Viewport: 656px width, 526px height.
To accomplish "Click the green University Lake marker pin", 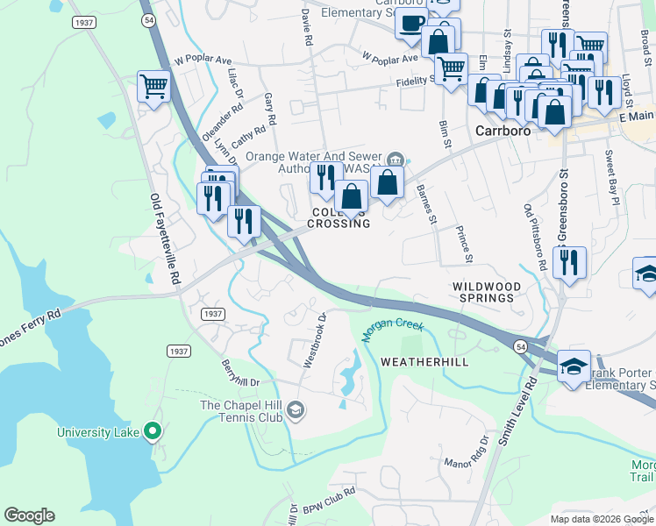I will point(153,431).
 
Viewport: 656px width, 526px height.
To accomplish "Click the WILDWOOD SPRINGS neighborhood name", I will point(487,292).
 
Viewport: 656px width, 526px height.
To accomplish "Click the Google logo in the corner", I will point(29,515).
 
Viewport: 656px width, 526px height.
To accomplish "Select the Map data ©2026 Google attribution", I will point(602,519).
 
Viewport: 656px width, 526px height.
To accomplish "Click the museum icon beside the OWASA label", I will point(396,159).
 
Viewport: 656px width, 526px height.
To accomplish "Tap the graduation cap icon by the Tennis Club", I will point(296,409).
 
